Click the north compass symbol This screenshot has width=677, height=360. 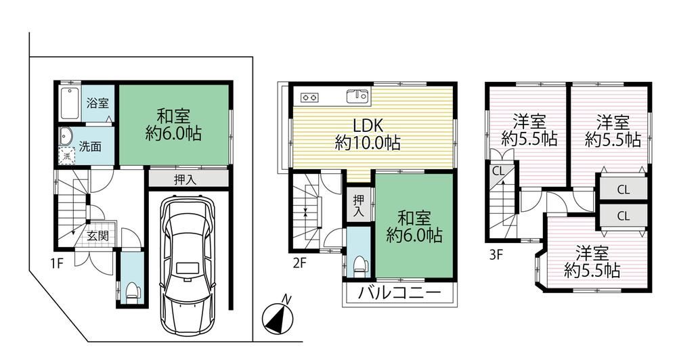click(x=278, y=317)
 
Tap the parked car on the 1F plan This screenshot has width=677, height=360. click(x=188, y=265)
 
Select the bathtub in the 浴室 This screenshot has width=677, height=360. click(x=70, y=104)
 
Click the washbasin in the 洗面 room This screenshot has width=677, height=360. click(x=66, y=137)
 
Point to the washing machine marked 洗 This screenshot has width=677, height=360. click(x=66, y=156)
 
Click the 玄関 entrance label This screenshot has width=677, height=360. click(x=98, y=235)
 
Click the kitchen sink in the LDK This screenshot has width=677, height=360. click(x=357, y=96)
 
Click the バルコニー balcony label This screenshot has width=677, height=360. click(x=400, y=294)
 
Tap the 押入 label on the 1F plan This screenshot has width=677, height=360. click(x=185, y=179)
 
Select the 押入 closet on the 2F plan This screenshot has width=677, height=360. click(x=359, y=206)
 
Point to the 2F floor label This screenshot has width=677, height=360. click(x=300, y=263)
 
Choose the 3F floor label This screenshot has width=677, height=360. click(x=496, y=254)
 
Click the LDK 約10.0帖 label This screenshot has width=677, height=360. click(x=368, y=134)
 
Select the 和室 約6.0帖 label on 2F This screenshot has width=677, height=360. click(x=414, y=227)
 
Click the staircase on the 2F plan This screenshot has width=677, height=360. click(x=307, y=212)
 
